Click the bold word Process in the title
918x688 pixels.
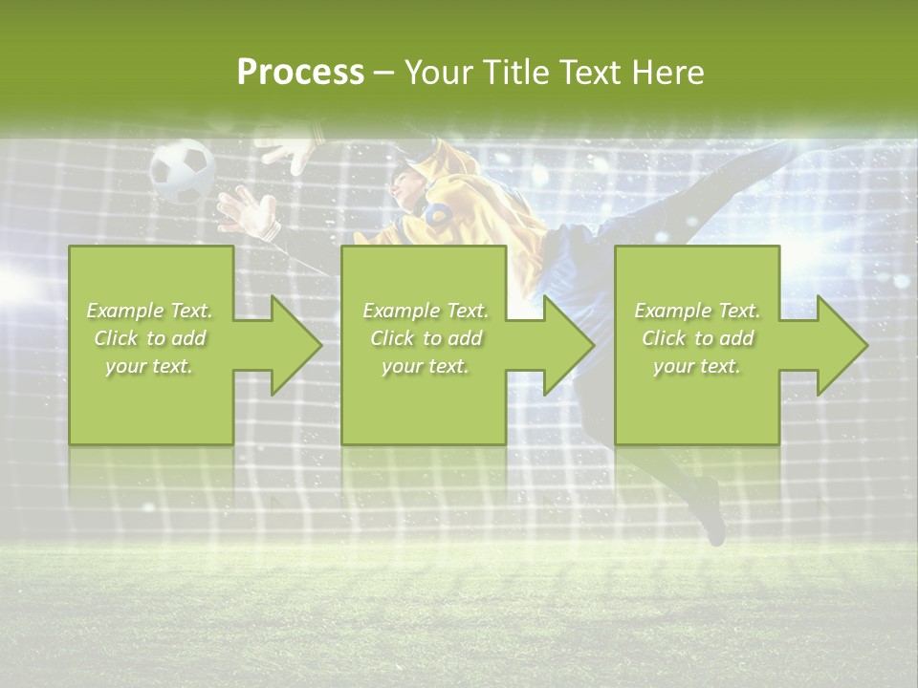[300, 73]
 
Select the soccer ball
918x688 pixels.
[182, 170]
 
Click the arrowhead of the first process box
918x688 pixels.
[292, 345]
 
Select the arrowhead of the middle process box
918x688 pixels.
[565, 345]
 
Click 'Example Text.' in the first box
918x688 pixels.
[150, 311]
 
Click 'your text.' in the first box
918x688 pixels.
[150, 366]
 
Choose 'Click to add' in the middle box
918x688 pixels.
[426, 338]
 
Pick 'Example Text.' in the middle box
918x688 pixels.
[426, 311]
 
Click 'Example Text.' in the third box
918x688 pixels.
[697, 311]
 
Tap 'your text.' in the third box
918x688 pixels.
[697, 366]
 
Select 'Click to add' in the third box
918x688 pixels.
[697, 338]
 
